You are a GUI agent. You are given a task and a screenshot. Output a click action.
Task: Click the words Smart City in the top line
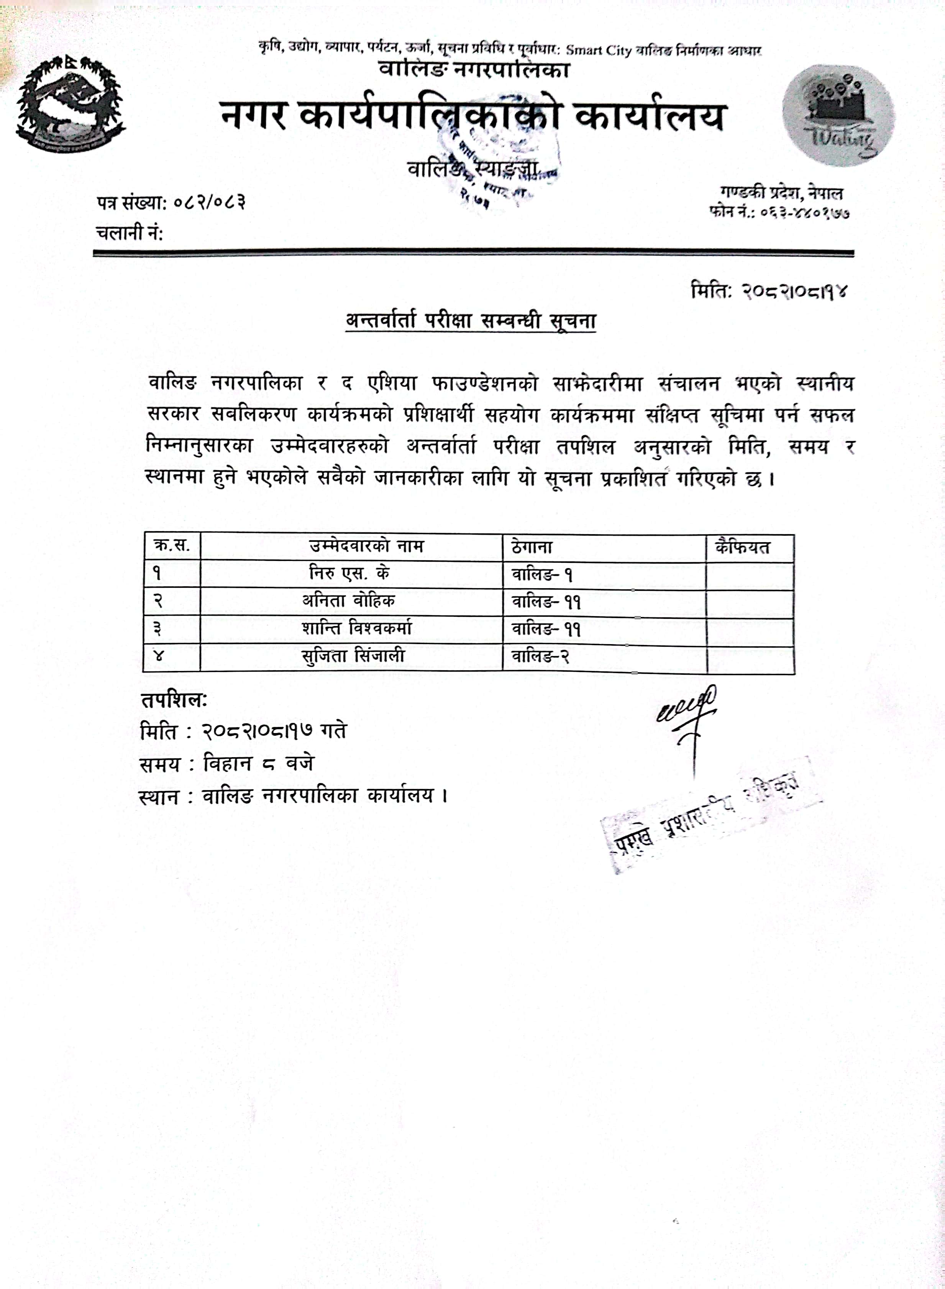598,50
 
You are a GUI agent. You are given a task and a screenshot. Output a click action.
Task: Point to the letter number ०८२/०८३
209,202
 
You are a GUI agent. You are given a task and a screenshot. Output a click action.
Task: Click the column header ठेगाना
532,547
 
